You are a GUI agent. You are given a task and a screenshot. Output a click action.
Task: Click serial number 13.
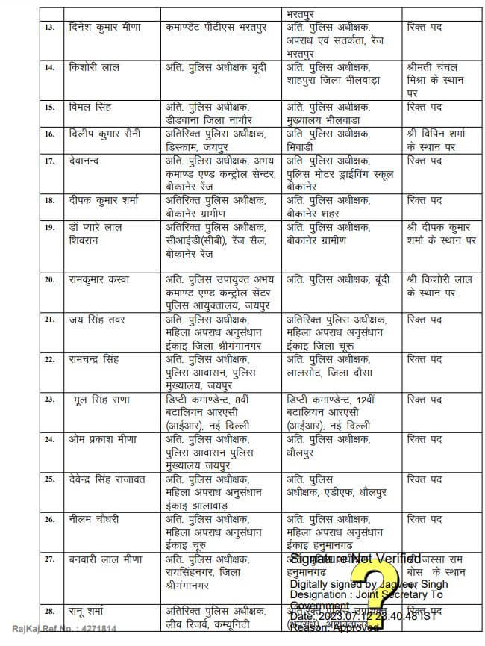[x=49, y=28]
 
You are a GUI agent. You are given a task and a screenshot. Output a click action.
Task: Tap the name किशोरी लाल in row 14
[x=95, y=67]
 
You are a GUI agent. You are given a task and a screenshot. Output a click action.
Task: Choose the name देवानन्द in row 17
[x=88, y=161]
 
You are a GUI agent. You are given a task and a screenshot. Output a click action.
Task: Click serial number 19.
[x=49, y=227]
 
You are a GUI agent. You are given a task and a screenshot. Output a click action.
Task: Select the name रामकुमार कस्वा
[x=99, y=279]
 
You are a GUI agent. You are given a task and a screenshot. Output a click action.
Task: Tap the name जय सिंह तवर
[x=96, y=320]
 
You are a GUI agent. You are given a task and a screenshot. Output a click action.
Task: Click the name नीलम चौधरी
[x=93, y=518]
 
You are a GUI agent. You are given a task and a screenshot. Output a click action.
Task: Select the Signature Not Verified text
[x=355, y=559]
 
